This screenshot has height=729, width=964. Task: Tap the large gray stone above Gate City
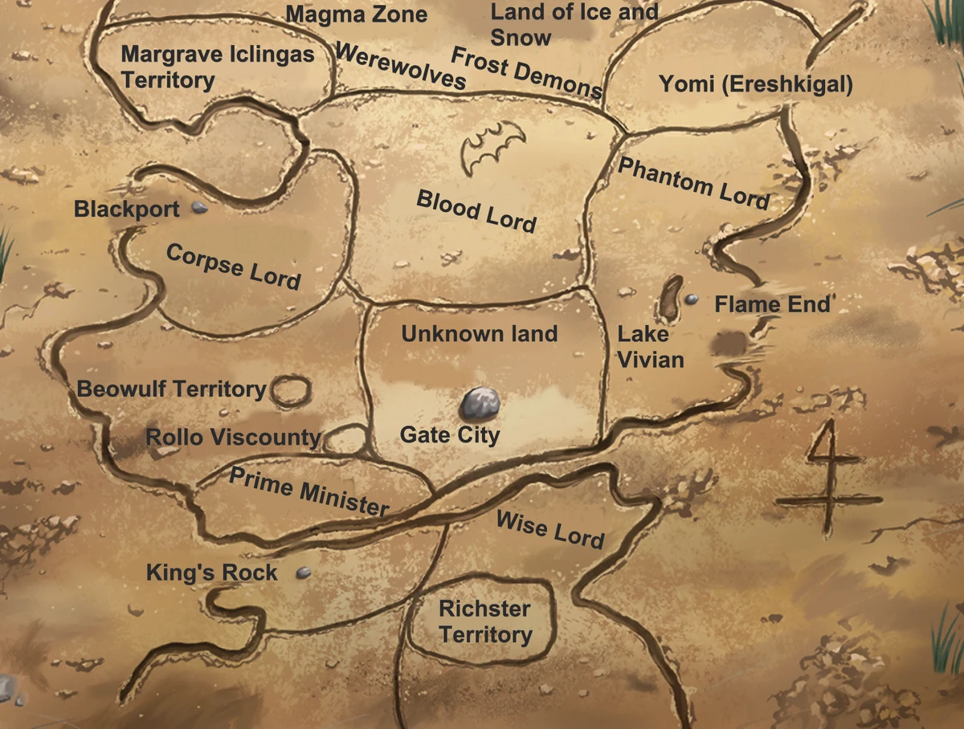point(480,402)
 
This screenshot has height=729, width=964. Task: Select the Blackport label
point(126,210)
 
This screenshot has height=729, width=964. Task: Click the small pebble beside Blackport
point(199,207)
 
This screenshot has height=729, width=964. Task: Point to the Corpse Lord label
point(233,266)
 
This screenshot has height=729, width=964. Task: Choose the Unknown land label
point(479,333)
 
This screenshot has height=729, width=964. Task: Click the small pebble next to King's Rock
point(303,572)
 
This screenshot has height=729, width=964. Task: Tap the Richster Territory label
point(484,621)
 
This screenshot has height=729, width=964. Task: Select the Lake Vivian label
point(650,347)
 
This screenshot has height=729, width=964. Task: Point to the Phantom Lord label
point(693,182)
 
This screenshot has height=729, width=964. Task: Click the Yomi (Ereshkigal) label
point(755,84)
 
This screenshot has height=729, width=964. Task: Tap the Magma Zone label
point(356,14)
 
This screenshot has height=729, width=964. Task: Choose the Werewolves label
point(400,66)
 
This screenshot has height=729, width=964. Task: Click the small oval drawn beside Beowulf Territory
point(290,391)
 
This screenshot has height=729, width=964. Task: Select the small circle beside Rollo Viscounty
point(345,438)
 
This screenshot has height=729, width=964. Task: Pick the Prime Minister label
point(308,491)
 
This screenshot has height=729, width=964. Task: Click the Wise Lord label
point(549,529)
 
